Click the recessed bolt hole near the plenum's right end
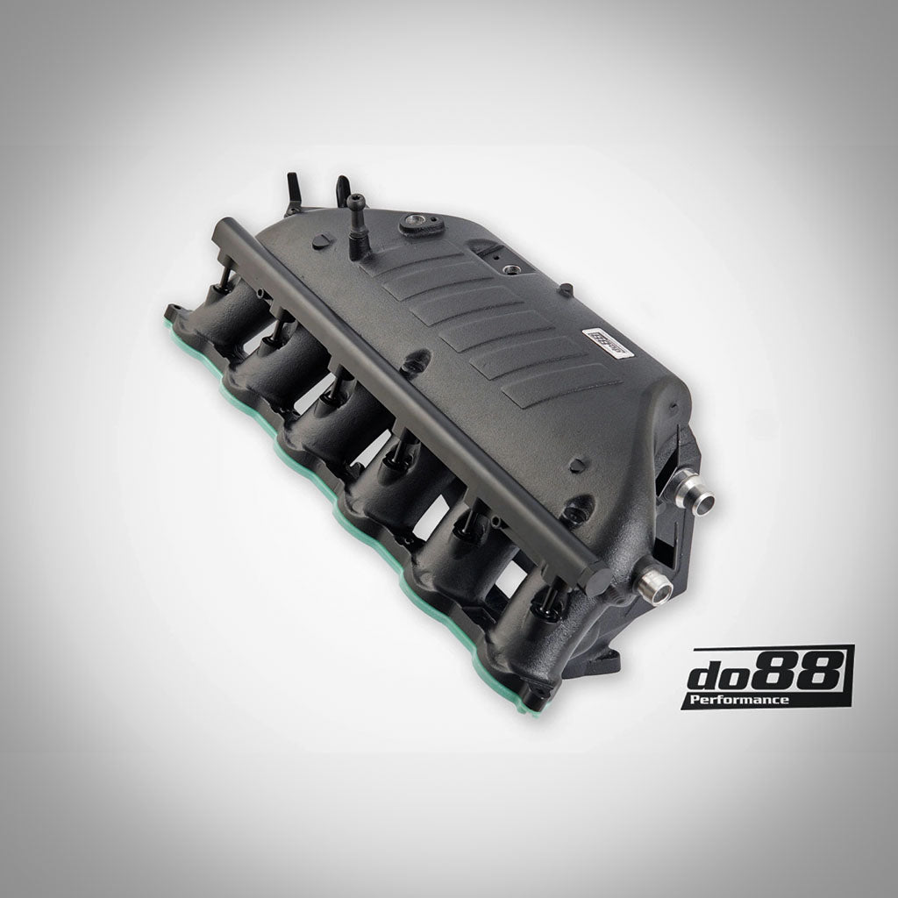(x=574, y=510)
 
